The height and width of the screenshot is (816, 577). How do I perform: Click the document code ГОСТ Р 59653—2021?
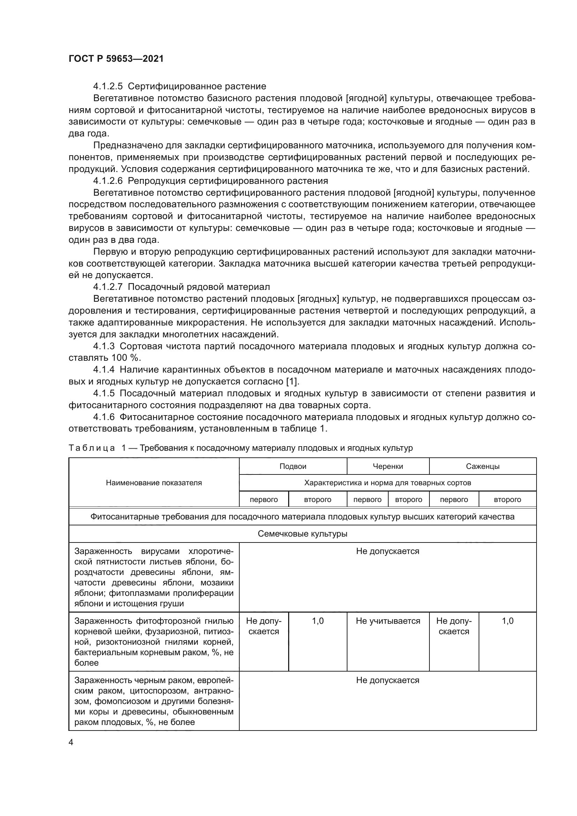tap(116, 59)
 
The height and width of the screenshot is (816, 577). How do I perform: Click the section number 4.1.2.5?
tap(108, 87)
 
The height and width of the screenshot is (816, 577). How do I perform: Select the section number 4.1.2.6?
tap(108, 181)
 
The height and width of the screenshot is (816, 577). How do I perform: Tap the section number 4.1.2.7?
tap(108, 287)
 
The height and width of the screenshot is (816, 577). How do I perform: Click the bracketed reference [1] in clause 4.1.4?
tap(293, 381)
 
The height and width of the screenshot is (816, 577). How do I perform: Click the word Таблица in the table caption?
tap(92, 448)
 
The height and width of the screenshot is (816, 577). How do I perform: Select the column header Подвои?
tap(293, 466)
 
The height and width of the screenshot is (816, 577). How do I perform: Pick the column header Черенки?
tap(388, 466)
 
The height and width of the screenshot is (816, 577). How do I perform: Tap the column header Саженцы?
tap(482, 466)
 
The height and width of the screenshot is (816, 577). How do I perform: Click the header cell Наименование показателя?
tap(154, 482)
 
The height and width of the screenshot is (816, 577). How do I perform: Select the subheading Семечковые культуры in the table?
tap(302, 534)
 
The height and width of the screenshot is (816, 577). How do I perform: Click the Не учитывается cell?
tap(388, 621)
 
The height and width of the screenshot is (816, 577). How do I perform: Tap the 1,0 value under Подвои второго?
tap(318, 621)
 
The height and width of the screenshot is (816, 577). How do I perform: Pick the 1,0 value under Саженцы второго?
tap(507, 621)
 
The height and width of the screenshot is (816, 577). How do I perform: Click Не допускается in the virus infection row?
tap(388, 551)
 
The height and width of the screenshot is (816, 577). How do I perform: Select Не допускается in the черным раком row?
tap(388, 680)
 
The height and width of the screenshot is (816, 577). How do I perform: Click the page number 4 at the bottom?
tap(71, 742)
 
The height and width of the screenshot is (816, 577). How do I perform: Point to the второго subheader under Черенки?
tap(408, 500)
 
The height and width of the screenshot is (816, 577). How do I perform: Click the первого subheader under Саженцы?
tap(454, 500)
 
